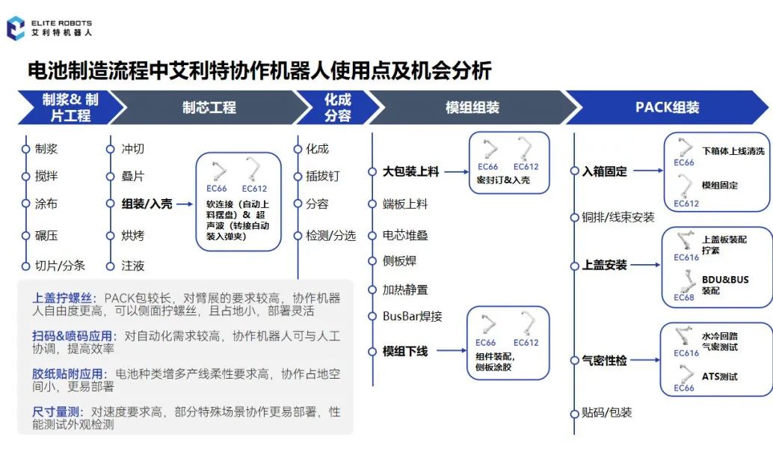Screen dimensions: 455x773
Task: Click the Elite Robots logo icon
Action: click(15, 28)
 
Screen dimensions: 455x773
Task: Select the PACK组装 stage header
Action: click(667, 107)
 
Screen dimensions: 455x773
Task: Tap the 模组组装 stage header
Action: click(472, 107)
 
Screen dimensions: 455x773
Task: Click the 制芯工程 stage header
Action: click(209, 107)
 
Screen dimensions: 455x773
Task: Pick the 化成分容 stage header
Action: click(337, 107)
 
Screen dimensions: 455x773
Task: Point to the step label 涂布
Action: click(46, 204)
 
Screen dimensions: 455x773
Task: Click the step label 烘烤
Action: click(133, 235)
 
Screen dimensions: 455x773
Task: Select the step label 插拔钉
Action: click(322, 176)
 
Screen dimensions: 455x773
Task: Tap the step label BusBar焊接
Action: click(412, 316)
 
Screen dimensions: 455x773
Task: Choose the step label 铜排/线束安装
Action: click(618, 217)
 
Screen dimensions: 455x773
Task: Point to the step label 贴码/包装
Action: click(607, 412)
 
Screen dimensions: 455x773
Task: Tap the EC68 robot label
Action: click(683, 297)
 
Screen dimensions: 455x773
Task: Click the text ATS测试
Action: click(719, 376)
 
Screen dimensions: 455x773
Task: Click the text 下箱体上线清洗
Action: click(733, 150)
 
